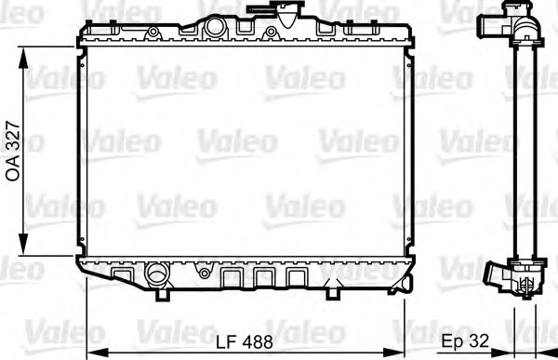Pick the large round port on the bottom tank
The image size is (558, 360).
coord(154,274)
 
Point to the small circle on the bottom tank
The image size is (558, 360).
coord(203,275)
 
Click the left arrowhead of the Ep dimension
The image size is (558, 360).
coord(514,352)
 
